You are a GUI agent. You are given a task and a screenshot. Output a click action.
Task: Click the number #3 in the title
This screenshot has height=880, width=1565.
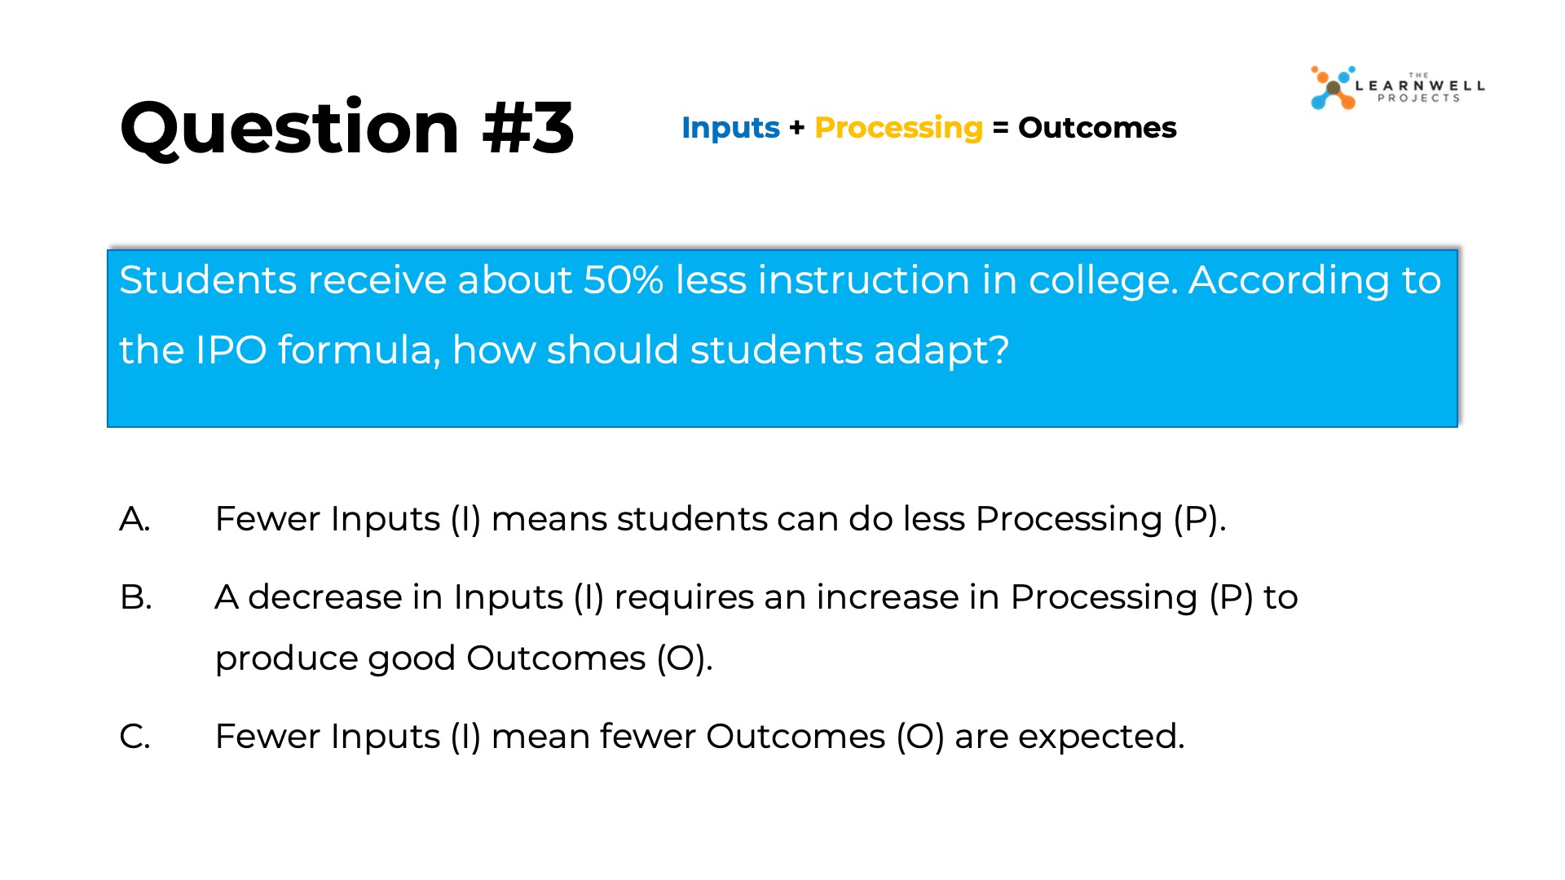(528, 128)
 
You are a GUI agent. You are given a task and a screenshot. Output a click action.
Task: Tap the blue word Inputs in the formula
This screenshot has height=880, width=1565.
(730, 128)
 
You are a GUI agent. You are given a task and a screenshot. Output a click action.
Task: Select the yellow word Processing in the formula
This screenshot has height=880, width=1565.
(898, 128)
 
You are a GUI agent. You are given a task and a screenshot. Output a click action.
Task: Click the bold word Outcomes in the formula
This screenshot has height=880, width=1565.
(1097, 127)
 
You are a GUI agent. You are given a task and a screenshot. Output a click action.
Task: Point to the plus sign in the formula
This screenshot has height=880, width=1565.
(796, 127)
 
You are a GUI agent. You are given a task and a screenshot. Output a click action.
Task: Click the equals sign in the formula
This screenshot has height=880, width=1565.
(1001, 128)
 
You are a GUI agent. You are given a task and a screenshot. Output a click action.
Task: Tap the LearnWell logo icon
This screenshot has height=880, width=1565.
(1333, 87)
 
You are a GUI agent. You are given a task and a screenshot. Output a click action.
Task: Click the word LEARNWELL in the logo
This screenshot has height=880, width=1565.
(1420, 86)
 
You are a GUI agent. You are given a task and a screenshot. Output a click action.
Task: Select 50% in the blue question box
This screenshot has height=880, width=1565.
(623, 279)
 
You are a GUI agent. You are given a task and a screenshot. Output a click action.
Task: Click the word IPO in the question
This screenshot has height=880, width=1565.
(231, 350)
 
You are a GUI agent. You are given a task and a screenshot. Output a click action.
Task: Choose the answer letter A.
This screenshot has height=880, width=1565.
(134, 519)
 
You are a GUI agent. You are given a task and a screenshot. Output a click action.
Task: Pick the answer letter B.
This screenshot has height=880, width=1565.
(135, 597)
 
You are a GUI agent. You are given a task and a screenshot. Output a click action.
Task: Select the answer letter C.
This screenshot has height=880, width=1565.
(134, 737)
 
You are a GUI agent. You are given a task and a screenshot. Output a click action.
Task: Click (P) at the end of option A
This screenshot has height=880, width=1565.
(1195, 519)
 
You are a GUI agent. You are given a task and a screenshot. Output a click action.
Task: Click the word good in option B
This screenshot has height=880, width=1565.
(412, 659)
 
